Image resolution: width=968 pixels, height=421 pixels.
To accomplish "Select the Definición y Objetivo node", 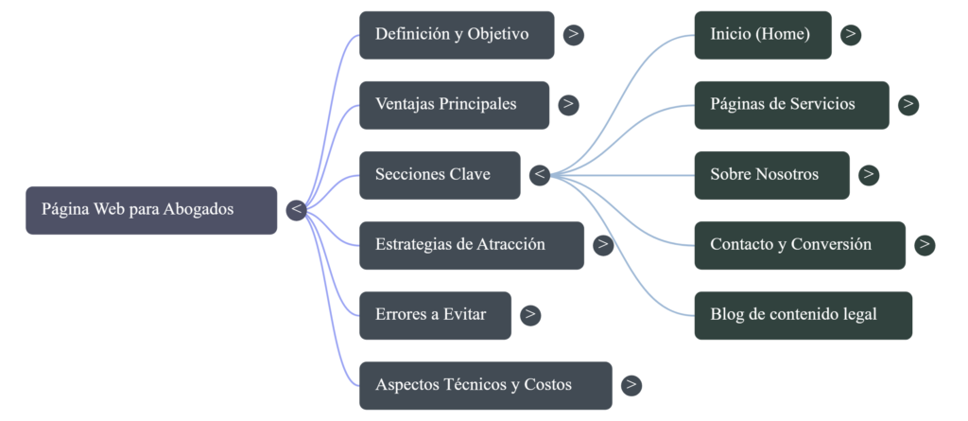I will click(456, 35).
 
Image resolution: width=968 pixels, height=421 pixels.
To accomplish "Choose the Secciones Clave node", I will click(439, 175).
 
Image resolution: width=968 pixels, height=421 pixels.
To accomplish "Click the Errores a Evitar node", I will click(435, 315).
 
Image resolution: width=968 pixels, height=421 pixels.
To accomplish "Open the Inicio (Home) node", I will click(762, 35).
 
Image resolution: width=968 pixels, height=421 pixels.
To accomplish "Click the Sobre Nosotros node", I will click(771, 175).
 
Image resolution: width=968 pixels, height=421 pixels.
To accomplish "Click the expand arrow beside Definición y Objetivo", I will click(574, 35).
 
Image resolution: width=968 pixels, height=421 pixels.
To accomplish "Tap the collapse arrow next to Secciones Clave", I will click(540, 175).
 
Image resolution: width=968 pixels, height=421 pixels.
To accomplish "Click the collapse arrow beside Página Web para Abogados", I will click(296, 210).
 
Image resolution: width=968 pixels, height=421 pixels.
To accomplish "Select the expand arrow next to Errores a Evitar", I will click(531, 315).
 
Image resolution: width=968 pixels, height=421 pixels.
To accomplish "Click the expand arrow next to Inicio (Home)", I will click(851, 35).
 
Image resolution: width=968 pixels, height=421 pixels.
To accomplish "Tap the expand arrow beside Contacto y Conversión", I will click(925, 245).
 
